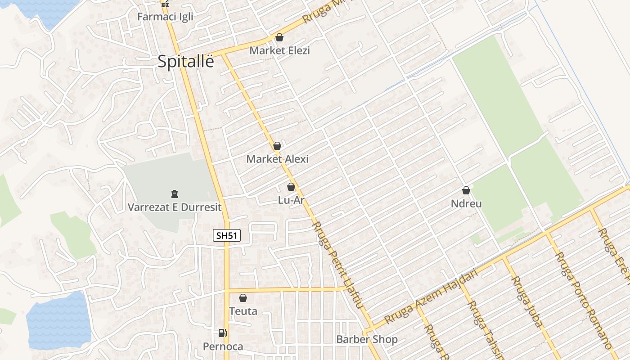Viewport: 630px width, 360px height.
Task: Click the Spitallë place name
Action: point(186,62)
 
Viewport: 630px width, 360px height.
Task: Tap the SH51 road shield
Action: point(227,235)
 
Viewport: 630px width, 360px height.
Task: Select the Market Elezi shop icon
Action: point(279,37)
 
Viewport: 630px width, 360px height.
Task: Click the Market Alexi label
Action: point(278,159)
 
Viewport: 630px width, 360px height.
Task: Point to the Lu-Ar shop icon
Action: point(291,187)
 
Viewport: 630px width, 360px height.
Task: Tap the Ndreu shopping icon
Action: point(466,191)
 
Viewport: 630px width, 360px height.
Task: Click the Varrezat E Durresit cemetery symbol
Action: point(175,194)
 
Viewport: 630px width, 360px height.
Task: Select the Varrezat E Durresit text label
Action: point(175,207)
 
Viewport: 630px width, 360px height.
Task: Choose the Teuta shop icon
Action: point(243,298)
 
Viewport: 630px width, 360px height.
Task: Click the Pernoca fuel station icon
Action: point(222,333)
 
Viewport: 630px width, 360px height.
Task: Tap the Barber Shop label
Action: point(367,339)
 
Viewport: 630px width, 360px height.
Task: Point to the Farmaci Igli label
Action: point(165,17)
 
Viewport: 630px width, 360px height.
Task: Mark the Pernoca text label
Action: point(223,346)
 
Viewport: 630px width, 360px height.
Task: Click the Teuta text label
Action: point(243,311)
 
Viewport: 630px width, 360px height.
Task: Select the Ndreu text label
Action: point(466,204)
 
